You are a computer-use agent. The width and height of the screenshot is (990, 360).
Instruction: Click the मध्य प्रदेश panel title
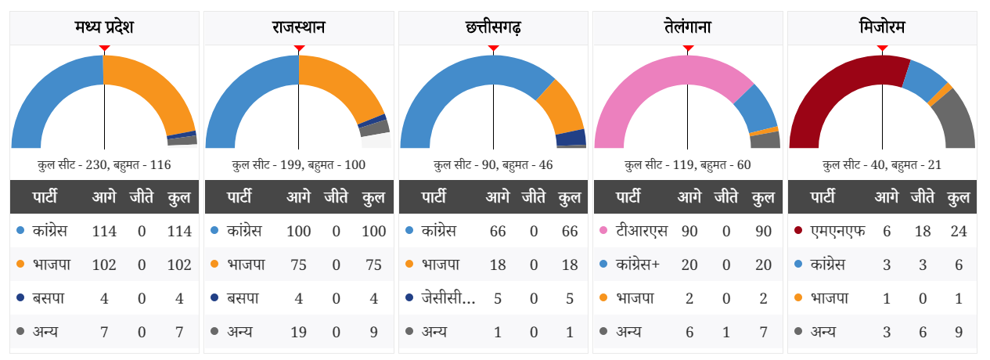pos(104,28)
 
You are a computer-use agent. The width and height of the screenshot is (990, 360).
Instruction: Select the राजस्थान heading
pos(298,28)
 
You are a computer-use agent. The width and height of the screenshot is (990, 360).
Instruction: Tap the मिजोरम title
pos(882,28)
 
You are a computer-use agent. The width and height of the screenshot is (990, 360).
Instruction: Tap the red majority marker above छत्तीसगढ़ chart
pos(493,49)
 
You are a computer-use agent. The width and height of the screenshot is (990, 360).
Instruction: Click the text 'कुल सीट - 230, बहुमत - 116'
pos(104,165)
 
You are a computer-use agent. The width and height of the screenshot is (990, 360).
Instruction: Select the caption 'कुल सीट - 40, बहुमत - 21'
pos(882,165)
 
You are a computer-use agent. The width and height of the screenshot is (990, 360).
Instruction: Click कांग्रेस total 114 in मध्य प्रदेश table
pos(179,231)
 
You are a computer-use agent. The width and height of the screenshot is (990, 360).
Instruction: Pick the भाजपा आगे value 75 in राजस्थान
pos(298,265)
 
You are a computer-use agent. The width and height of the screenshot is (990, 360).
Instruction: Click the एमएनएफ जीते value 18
pos(923,231)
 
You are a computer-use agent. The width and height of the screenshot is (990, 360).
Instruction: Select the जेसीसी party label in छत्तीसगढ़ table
pos(448,298)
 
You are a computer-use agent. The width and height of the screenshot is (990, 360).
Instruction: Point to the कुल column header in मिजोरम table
pos(959,197)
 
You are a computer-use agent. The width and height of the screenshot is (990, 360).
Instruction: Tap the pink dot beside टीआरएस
pos(603,231)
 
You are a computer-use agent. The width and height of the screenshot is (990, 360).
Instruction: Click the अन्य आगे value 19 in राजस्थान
pos(298,331)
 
